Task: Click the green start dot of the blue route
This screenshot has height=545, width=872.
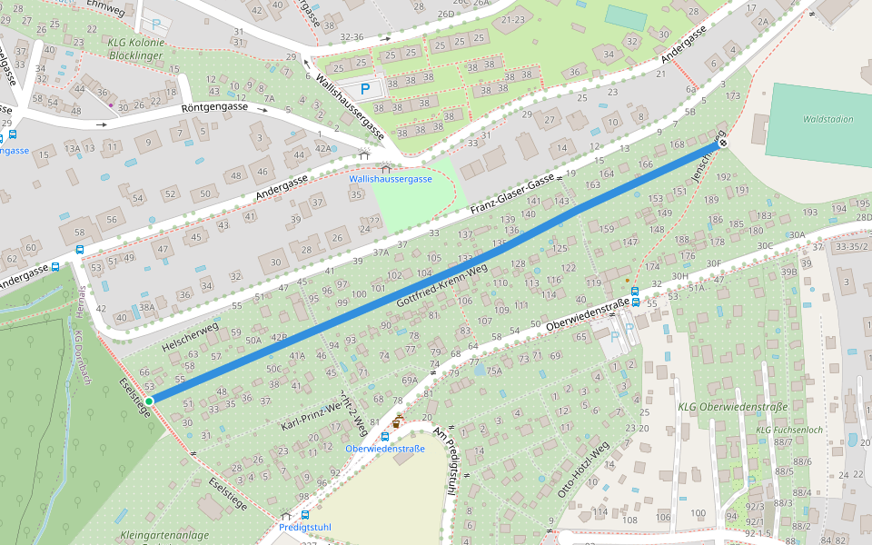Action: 149,401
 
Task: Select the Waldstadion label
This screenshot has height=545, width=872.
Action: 827,119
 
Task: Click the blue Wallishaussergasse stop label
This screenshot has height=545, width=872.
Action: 391,180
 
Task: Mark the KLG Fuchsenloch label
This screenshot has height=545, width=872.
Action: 788,430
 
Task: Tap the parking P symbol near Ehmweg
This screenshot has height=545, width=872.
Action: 157,25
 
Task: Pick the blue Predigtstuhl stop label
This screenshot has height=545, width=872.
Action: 305,527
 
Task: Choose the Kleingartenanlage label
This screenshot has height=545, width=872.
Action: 163,536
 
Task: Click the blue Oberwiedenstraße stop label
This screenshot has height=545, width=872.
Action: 385,449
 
